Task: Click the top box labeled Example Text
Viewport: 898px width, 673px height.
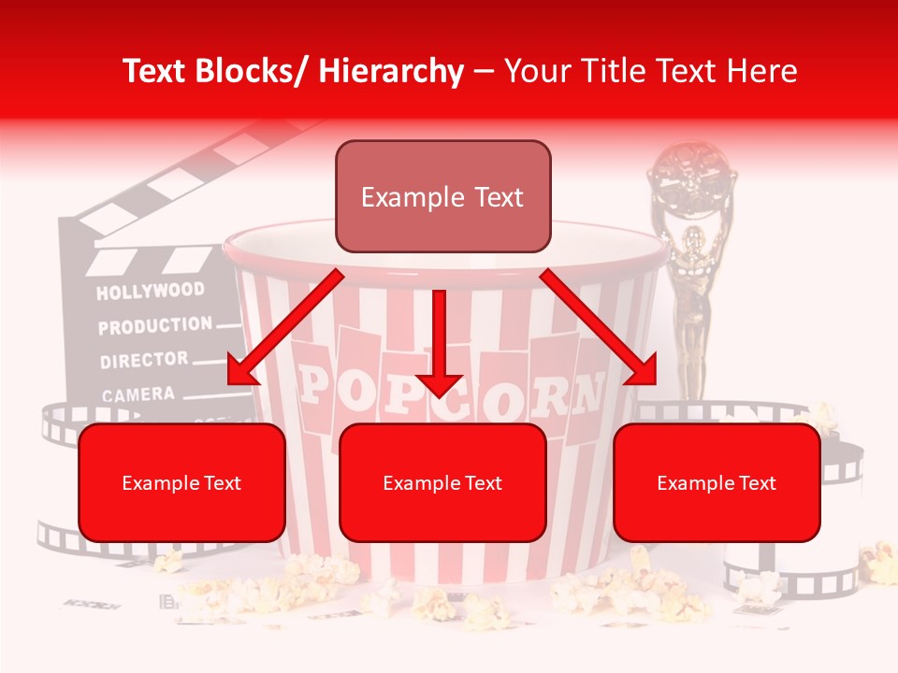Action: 442,196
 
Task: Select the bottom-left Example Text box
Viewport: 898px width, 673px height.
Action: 181,482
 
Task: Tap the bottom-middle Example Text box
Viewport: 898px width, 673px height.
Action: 442,482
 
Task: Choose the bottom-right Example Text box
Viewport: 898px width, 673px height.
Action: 717,482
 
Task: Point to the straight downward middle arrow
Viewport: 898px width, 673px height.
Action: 439,346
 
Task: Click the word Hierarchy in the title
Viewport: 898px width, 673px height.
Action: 391,71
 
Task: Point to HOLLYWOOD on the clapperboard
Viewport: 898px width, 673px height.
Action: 150,292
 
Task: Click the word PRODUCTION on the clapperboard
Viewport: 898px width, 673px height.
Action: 155,326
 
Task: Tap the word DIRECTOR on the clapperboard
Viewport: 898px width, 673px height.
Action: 144,360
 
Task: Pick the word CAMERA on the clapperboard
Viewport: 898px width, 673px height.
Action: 138,394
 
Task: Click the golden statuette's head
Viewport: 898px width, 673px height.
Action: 693,237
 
